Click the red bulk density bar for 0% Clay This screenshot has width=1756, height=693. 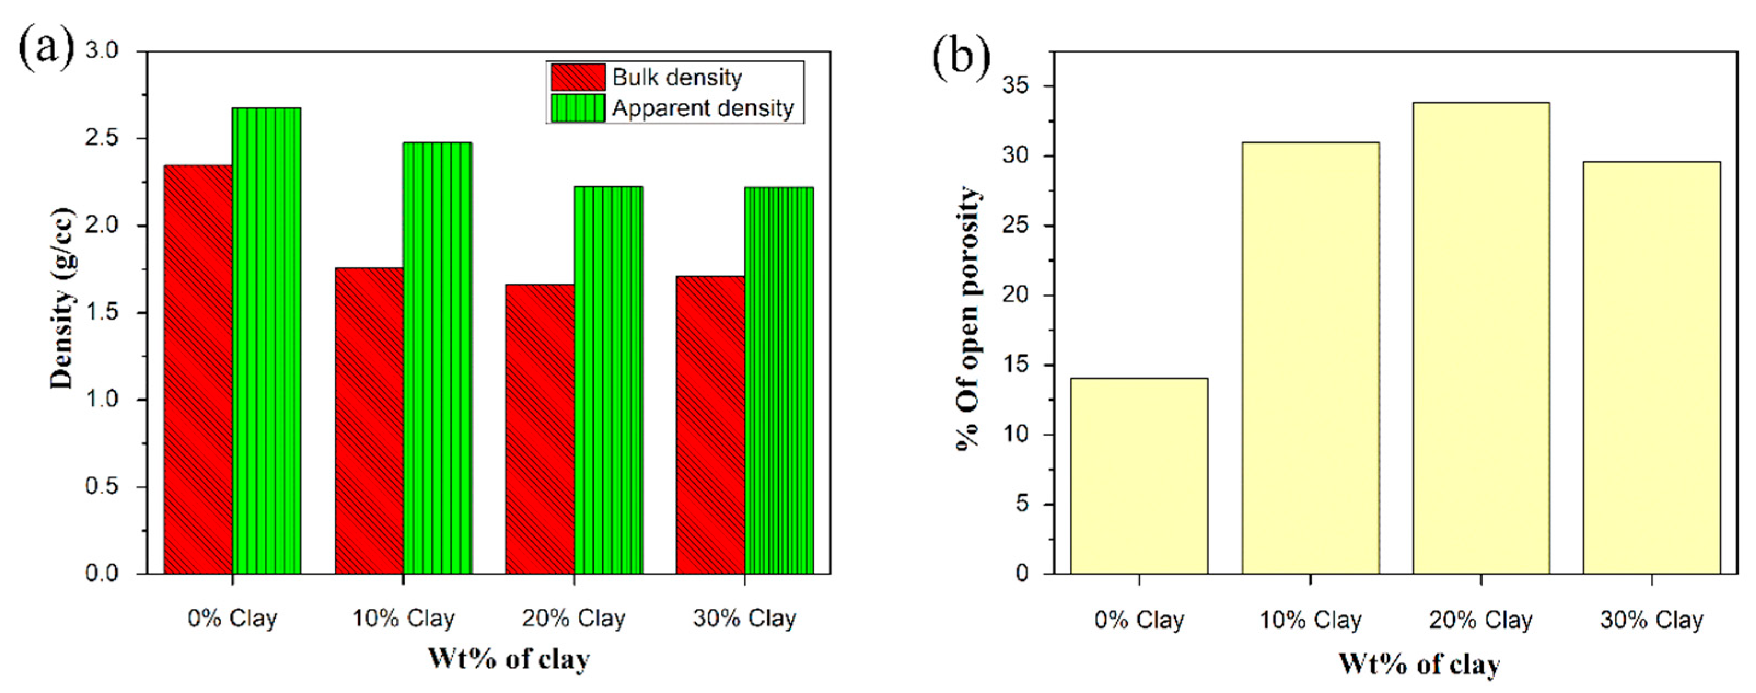click(197, 368)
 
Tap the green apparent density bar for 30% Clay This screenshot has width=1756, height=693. click(779, 380)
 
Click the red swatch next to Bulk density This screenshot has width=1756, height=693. click(577, 77)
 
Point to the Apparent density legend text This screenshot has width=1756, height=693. click(703, 108)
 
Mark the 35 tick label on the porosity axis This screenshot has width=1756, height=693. click(1017, 86)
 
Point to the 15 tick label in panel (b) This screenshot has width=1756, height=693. click(1017, 365)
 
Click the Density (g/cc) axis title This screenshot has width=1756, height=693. click(63, 298)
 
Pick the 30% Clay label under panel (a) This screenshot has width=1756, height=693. click(744, 618)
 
